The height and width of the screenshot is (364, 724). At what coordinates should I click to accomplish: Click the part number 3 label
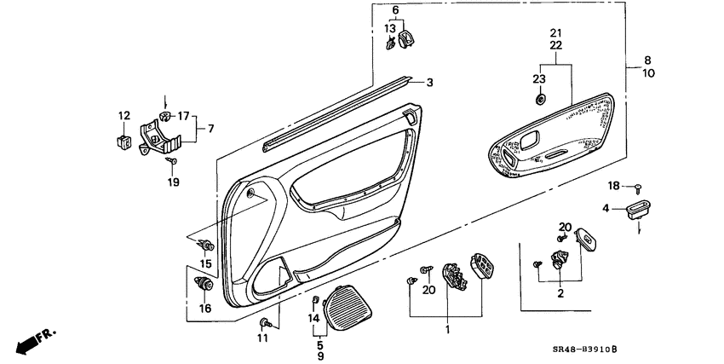[430, 83]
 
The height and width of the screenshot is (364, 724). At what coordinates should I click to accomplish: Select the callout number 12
[124, 116]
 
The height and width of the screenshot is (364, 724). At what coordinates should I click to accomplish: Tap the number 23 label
[538, 79]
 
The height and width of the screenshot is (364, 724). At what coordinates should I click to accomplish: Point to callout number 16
[204, 308]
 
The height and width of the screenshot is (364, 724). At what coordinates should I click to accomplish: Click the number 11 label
[262, 338]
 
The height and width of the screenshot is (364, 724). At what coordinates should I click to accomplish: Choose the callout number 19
[174, 182]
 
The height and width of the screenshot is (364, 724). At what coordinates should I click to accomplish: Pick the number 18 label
[613, 185]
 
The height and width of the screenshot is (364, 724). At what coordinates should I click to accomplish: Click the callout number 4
[606, 208]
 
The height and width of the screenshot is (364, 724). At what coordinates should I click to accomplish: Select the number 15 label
[204, 264]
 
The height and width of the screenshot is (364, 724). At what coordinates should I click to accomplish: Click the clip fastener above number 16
[204, 285]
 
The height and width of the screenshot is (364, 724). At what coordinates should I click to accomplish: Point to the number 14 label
[313, 318]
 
